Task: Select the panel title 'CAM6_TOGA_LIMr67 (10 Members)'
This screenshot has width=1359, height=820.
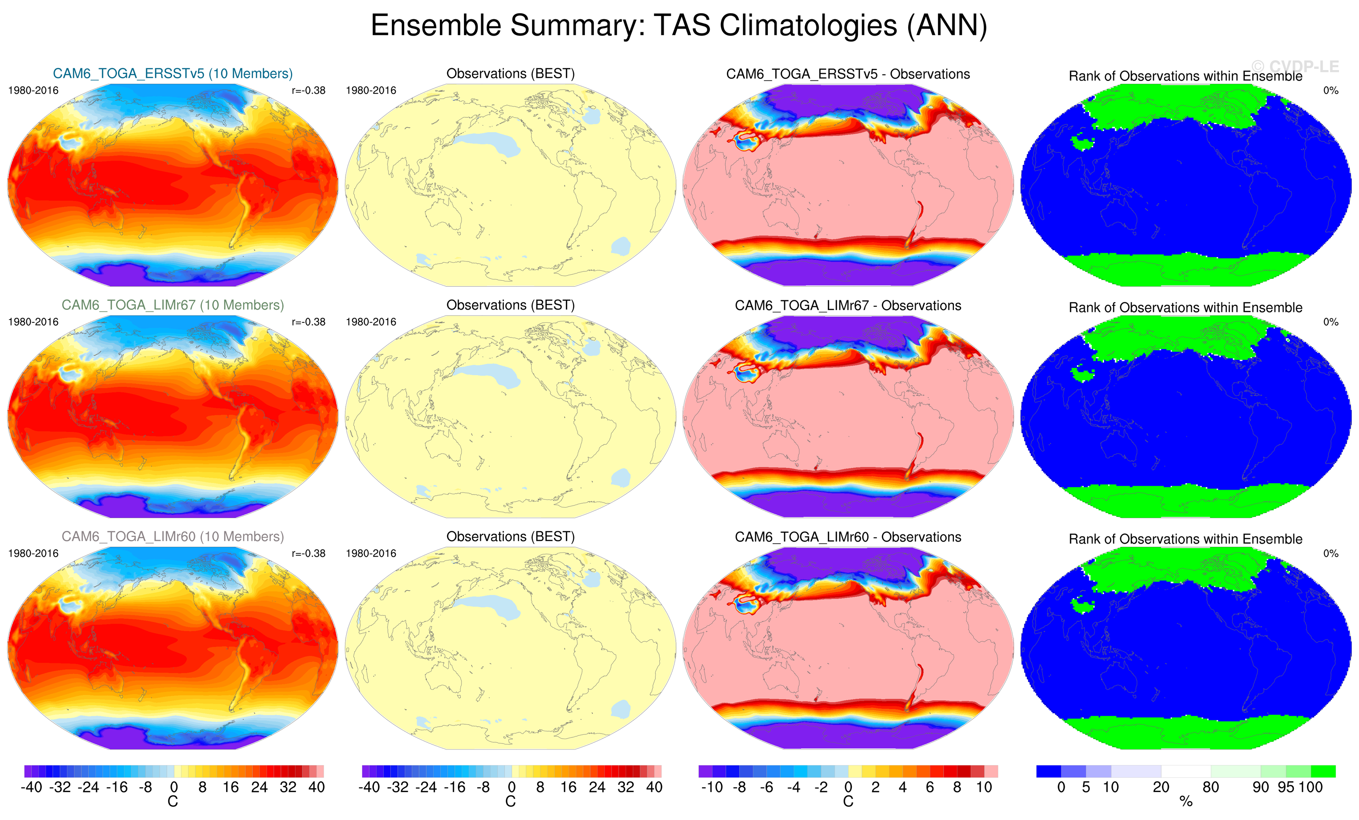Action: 173,305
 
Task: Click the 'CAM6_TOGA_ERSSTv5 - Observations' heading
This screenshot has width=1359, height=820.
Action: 848,74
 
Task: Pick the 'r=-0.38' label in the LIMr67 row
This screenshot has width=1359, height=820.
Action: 308,322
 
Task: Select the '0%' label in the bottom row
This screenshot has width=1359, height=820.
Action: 1330,553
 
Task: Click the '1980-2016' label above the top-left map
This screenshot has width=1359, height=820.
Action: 33,90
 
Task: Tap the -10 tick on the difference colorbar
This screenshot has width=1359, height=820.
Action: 711,787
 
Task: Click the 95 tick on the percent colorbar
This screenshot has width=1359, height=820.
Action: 1286,787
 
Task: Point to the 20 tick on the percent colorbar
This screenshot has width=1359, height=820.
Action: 1161,787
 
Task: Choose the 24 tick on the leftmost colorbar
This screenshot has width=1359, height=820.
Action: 259,787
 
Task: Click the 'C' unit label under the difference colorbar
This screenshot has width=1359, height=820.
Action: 848,801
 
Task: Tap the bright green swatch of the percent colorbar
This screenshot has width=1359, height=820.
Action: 1323,771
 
